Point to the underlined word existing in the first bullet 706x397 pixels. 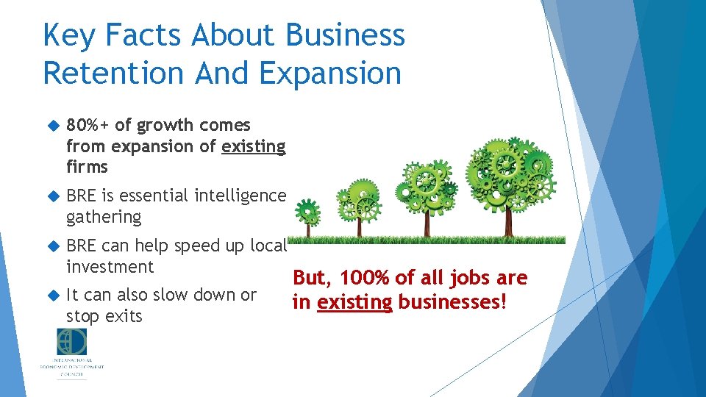[253, 146]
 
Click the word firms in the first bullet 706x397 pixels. [87, 167]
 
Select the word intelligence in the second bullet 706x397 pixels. [240, 196]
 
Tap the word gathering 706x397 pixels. [103, 217]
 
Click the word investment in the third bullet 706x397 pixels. [110, 266]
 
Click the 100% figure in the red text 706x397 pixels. [359, 278]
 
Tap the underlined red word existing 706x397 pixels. [355, 301]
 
